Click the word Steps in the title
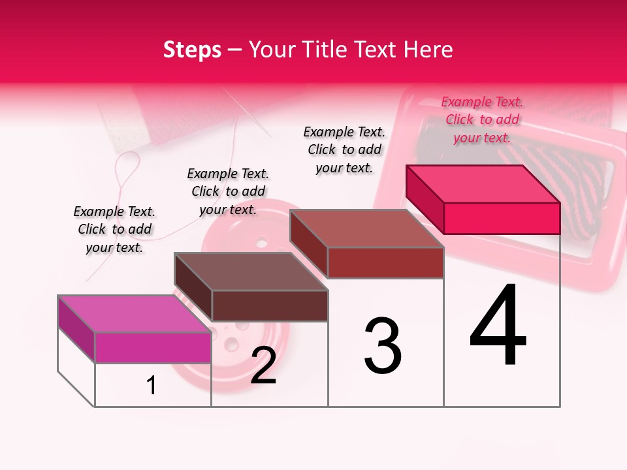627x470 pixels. click(x=192, y=50)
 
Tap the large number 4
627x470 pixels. click(x=498, y=326)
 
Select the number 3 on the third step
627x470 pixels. click(x=382, y=346)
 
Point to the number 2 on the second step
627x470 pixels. click(x=263, y=366)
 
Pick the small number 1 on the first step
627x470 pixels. click(x=152, y=386)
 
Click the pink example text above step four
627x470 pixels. click(x=482, y=119)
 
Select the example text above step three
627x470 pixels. click(x=344, y=149)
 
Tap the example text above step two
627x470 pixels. click(x=228, y=191)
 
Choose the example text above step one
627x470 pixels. click(x=114, y=229)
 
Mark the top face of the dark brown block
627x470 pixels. click(x=251, y=271)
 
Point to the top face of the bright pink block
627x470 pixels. click(x=483, y=183)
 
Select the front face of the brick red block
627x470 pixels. click(x=385, y=262)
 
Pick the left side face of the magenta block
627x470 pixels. click(x=76, y=328)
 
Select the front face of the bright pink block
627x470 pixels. click(x=502, y=218)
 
